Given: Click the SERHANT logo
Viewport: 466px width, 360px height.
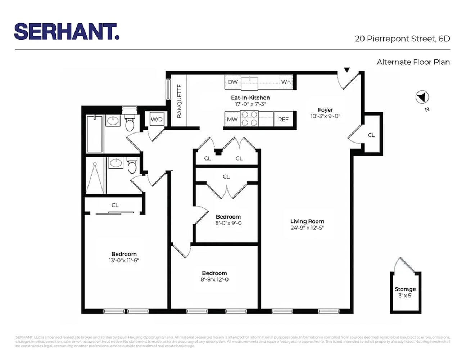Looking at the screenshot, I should [67, 32].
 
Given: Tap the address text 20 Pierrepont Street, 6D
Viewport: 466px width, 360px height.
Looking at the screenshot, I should [402, 39].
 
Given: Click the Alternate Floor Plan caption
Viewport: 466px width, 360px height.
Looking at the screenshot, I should [413, 62].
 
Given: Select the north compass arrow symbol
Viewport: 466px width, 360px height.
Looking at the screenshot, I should [422, 97].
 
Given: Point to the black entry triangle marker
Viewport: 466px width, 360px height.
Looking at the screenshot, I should [347, 70].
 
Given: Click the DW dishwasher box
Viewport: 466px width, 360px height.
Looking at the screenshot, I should [232, 82].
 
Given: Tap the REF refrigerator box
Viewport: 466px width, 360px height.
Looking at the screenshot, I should [283, 120].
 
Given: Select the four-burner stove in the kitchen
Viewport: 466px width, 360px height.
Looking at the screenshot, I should [249, 119].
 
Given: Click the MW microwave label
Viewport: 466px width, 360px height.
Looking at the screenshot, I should [232, 120].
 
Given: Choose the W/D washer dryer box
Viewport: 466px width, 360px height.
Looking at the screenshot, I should [157, 120].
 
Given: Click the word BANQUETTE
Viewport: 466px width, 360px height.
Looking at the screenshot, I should [179, 101].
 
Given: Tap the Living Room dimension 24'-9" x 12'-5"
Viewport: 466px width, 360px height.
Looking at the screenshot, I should [307, 228].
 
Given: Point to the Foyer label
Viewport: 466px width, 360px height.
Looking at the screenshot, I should [325, 110].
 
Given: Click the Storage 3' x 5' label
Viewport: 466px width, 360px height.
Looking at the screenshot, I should [405, 292].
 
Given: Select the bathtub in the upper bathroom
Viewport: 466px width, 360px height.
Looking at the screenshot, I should [95, 134].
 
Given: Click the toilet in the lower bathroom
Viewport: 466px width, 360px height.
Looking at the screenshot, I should [132, 166].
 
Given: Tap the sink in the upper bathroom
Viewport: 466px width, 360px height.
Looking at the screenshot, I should [113, 121].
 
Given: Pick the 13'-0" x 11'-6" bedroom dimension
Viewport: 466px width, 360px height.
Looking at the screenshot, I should [124, 260].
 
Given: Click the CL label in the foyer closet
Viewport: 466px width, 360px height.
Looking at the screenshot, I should [371, 135].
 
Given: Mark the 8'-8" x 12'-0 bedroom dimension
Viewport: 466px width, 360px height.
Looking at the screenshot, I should [214, 279].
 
